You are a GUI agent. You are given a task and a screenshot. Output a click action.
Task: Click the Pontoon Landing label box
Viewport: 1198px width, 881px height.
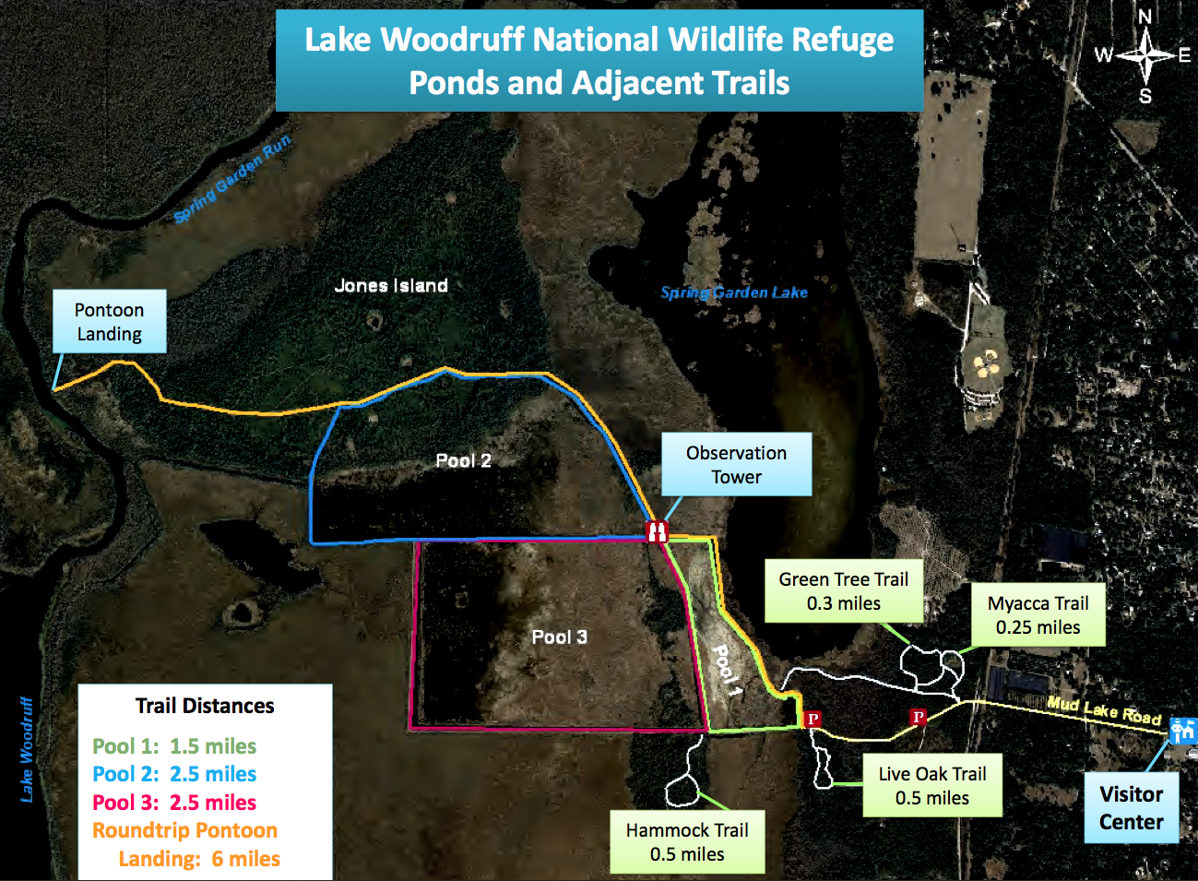pyautogui.click(x=110, y=321)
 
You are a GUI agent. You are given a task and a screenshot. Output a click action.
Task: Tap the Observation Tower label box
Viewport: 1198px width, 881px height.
pyautogui.click(x=737, y=464)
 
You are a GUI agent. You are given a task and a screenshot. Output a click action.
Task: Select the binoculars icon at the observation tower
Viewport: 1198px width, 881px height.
pyautogui.click(x=658, y=531)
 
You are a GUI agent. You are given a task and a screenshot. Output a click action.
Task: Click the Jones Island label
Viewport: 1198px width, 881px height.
pyautogui.click(x=391, y=286)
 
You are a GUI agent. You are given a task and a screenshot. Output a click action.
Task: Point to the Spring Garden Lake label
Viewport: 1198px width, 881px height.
pyautogui.click(x=734, y=292)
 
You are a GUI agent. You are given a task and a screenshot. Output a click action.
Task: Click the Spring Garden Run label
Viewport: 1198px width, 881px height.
pyautogui.click(x=233, y=179)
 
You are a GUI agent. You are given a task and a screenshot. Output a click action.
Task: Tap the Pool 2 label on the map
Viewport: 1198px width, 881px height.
pyautogui.click(x=463, y=460)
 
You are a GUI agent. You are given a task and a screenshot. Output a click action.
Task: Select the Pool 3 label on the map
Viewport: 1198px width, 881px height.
pyautogui.click(x=560, y=637)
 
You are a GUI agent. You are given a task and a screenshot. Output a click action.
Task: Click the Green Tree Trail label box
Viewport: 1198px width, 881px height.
pyautogui.click(x=844, y=591)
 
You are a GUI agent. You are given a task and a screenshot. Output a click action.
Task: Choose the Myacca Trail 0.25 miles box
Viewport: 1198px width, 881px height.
pyautogui.click(x=1038, y=615)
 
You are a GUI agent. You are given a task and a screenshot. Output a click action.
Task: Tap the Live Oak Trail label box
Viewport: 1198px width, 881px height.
pyautogui.click(x=932, y=785)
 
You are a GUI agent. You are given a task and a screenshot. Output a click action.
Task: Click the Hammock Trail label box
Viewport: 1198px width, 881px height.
pyautogui.click(x=687, y=842)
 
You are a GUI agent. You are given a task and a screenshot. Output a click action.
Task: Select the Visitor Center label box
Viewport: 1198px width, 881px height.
pyautogui.click(x=1132, y=808)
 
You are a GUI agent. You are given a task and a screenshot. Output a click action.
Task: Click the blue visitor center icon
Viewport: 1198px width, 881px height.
pyautogui.click(x=1182, y=731)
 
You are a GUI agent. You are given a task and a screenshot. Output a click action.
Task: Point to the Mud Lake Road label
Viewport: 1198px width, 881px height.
pyautogui.click(x=1104, y=711)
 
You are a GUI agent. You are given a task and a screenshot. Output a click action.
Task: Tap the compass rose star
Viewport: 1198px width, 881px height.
pyautogui.click(x=1145, y=55)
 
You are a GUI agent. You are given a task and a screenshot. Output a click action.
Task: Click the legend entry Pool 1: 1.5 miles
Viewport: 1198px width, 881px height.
pyautogui.click(x=174, y=746)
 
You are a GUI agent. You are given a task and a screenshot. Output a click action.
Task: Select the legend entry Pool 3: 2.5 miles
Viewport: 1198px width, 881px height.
pyautogui.click(x=174, y=803)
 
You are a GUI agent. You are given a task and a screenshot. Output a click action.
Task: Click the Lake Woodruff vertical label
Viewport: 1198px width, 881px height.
pyautogui.click(x=26, y=749)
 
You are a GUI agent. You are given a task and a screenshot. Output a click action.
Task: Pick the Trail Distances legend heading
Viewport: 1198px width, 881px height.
pyautogui.click(x=205, y=706)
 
